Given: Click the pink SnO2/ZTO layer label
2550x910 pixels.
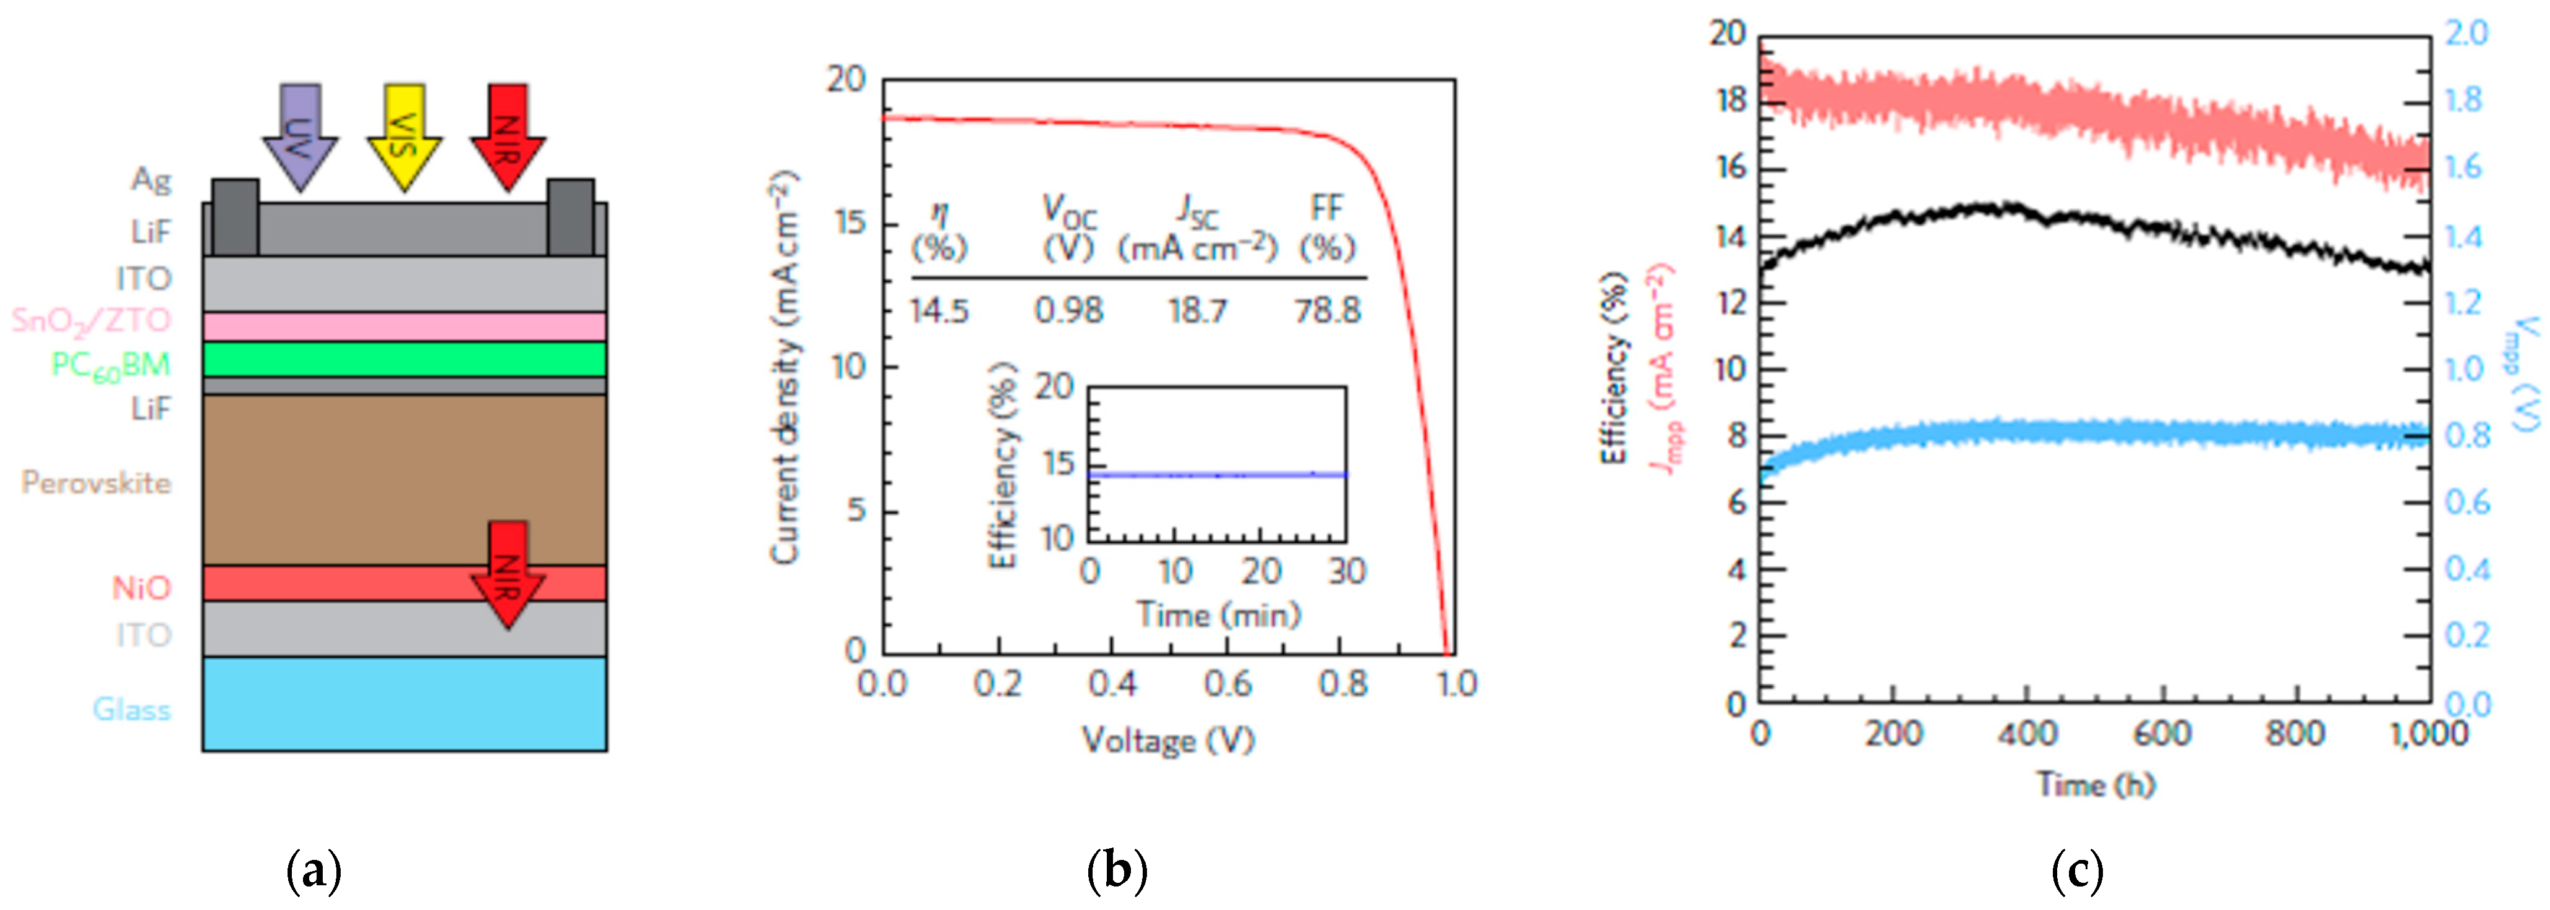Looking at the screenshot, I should (91, 321).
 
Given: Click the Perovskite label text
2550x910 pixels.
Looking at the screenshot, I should (96, 483).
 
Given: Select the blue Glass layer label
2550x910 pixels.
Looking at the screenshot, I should (132, 710).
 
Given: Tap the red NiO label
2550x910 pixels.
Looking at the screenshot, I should (142, 588).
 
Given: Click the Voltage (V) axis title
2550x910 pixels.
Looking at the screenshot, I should (1168, 741).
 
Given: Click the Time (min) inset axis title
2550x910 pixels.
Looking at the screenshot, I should (1217, 615).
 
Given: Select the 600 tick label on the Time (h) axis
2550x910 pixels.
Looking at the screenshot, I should (2161, 734).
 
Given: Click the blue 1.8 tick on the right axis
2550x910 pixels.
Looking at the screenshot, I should (2464, 100).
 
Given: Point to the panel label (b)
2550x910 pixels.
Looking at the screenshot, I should (1117, 872).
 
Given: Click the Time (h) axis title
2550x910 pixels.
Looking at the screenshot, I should (2096, 785).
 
